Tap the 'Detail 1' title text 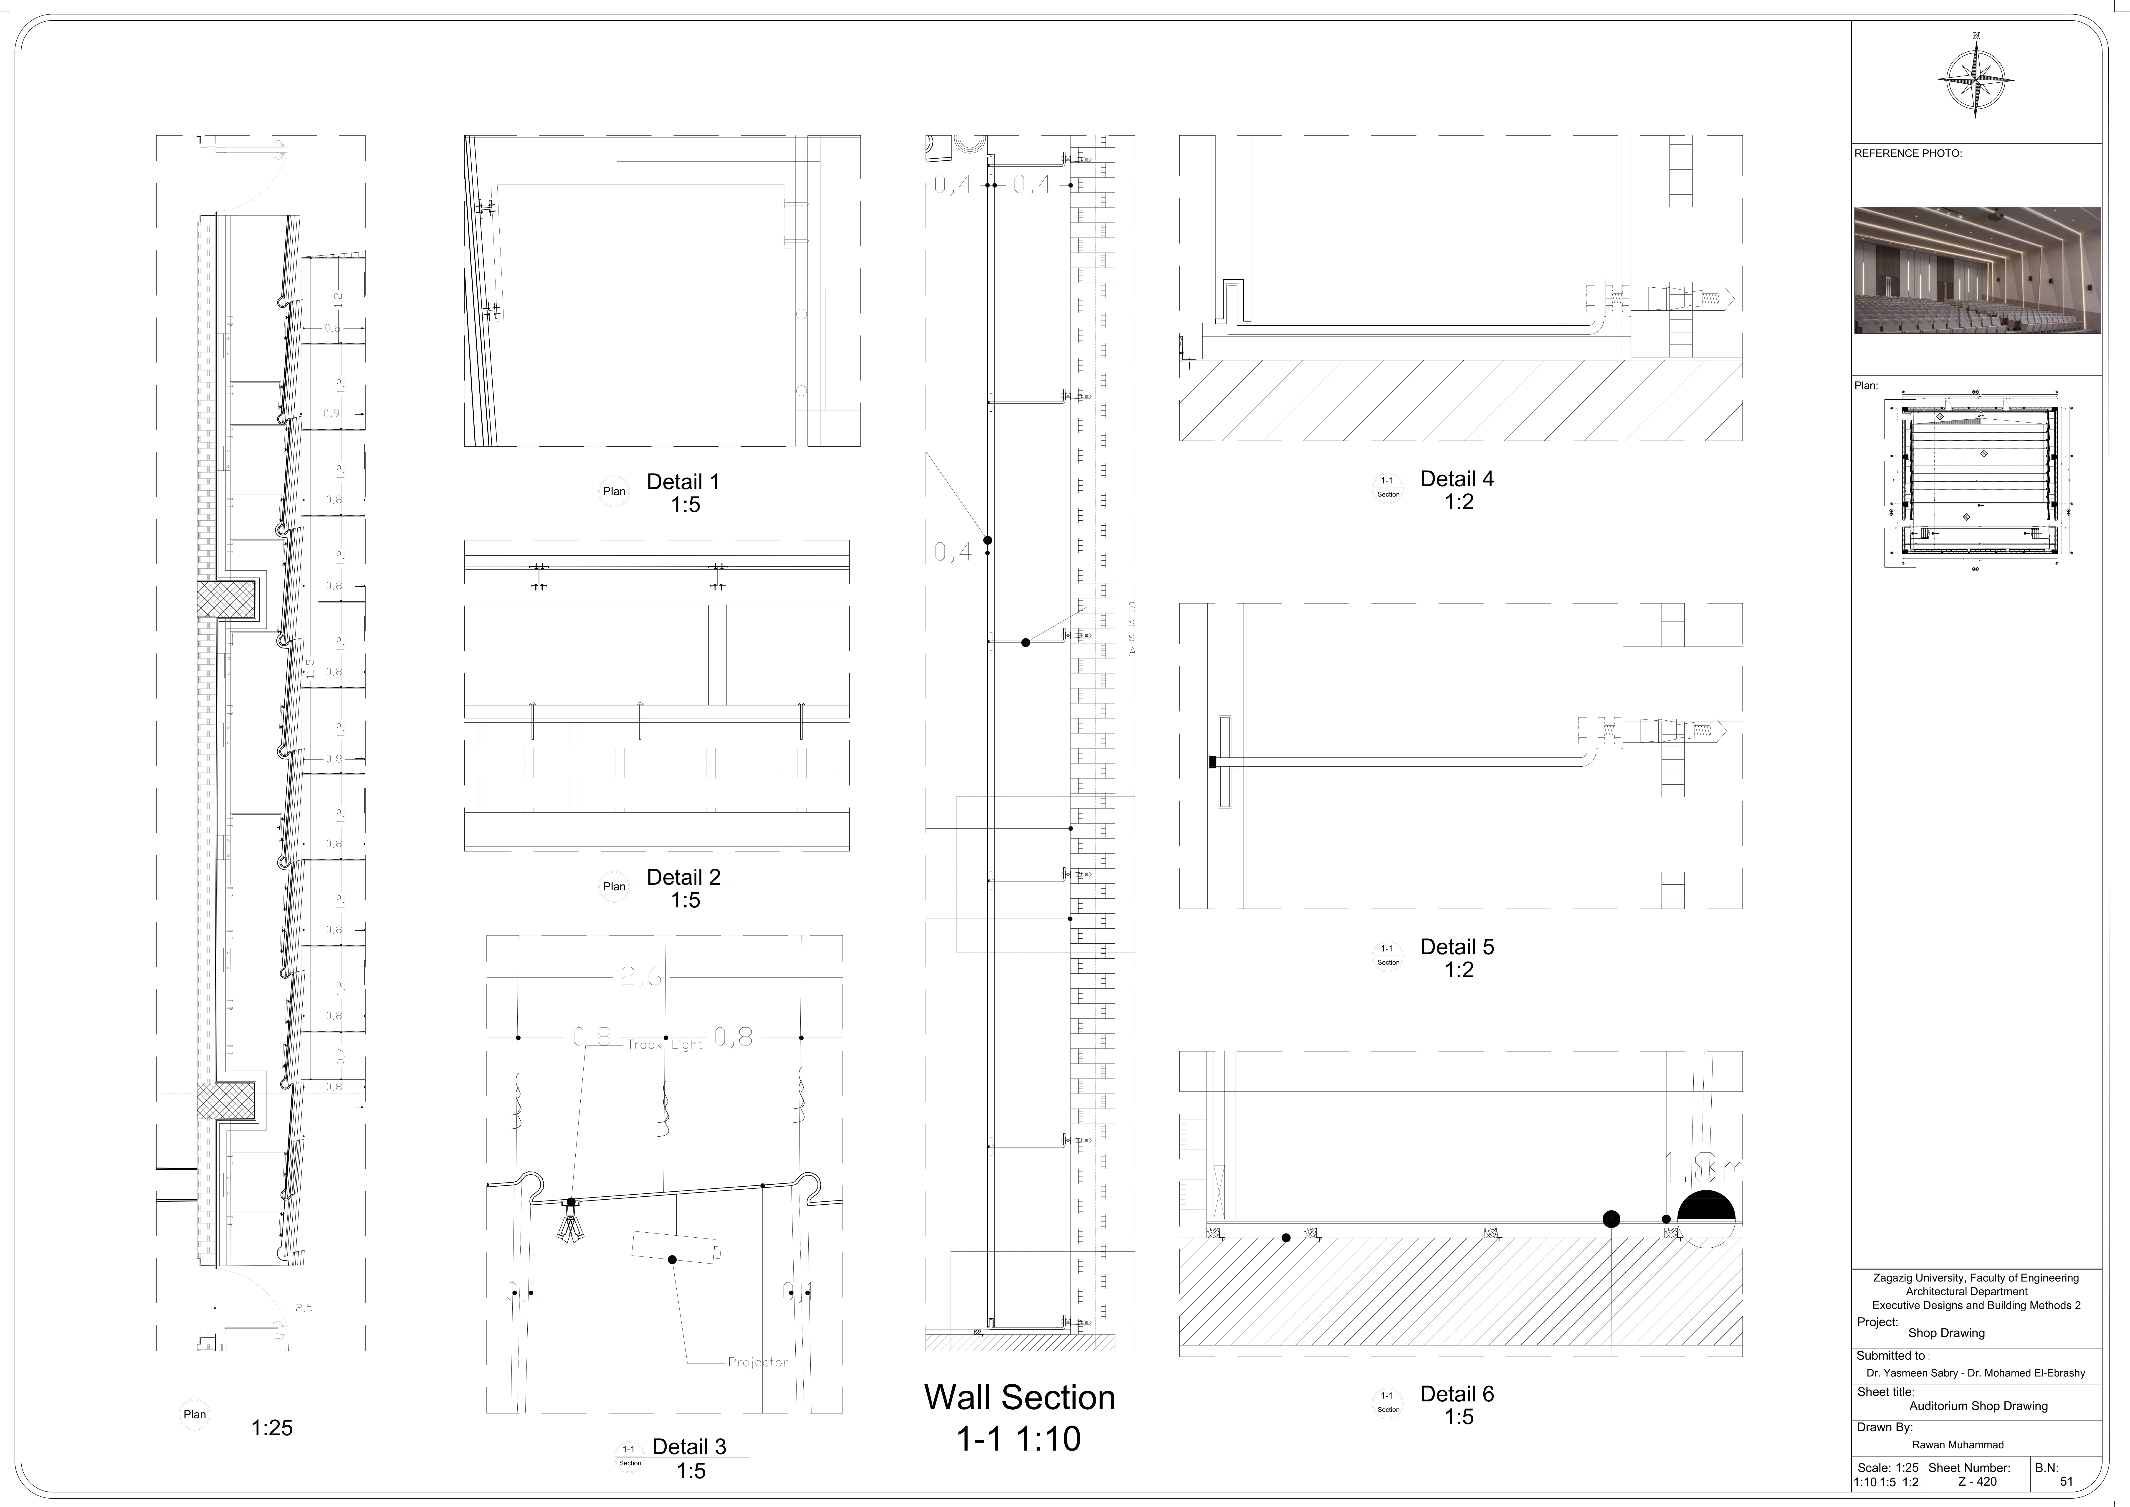pyautogui.click(x=683, y=482)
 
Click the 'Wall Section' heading pyautogui.click(x=1019, y=1398)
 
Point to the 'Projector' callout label pyautogui.click(x=757, y=1362)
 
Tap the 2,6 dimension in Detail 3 pyautogui.click(x=641, y=976)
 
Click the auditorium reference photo pyautogui.click(x=1977, y=270)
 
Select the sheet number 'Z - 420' pyautogui.click(x=1977, y=1482)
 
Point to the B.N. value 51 pyautogui.click(x=2066, y=1482)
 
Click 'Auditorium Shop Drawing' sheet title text pyautogui.click(x=1978, y=1406)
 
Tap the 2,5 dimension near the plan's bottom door pyautogui.click(x=304, y=1307)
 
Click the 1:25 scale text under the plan pyautogui.click(x=272, y=1428)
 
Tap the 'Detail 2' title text pyautogui.click(x=683, y=877)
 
